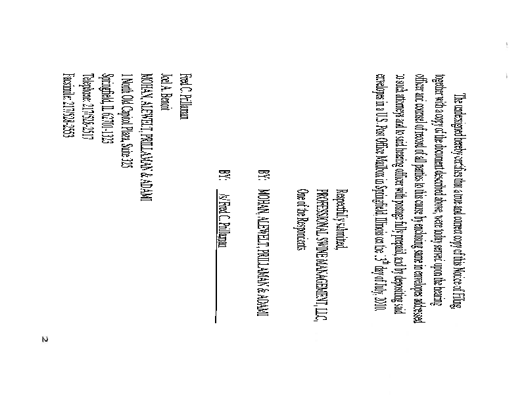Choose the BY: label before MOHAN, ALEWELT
(262, 175)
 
